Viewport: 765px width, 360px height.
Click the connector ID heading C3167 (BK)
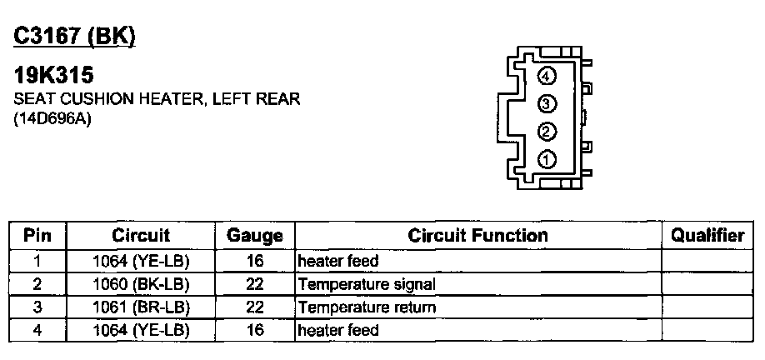(74, 36)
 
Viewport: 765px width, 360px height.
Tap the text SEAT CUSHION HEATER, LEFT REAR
(157, 99)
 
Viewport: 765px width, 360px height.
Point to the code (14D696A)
(52, 118)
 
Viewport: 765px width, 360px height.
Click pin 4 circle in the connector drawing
(547, 77)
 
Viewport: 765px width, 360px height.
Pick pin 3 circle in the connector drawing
(547, 104)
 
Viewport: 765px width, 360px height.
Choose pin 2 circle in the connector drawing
(547, 132)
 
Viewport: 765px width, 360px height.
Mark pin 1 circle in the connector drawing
(547, 159)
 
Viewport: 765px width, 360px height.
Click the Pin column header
(37, 236)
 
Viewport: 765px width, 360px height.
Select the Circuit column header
(141, 236)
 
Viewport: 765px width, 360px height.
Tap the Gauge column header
(255, 236)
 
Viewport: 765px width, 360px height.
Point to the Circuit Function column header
(477, 236)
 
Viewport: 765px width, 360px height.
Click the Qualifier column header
(707, 236)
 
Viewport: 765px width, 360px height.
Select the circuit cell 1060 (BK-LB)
(141, 284)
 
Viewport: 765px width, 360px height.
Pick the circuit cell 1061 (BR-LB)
(141, 307)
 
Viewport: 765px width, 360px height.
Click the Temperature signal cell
(367, 284)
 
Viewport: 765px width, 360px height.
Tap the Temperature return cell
(367, 307)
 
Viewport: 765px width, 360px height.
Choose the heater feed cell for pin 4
(338, 330)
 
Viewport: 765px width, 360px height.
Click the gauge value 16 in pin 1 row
(255, 261)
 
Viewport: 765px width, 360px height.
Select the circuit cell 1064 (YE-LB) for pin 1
(141, 261)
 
